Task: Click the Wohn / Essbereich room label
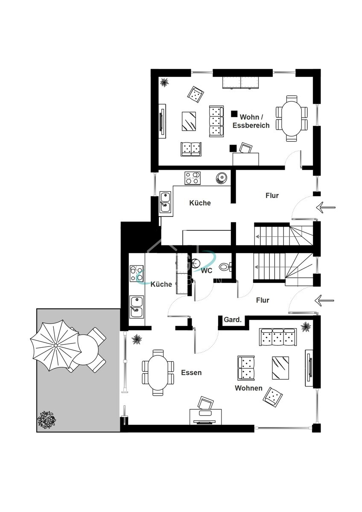tap(251, 121)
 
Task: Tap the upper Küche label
tap(200, 203)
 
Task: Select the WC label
tap(207, 271)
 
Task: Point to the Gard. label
tap(233, 320)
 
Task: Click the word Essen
tap(191, 372)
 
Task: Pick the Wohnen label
tap(248, 388)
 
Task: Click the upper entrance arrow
tap(326, 207)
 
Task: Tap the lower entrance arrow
tap(324, 300)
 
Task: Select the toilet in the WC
tap(225, 267)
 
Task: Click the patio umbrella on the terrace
tap(56, 345)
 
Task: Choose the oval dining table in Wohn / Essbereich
tap(291, 119)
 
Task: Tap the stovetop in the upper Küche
tap(193, 178)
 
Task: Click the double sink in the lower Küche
tap(137, 307)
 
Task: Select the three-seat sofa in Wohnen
tap(278, 337)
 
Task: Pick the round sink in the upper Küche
tap(221, 178)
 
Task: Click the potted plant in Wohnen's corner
tap(306, 327)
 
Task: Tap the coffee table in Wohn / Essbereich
tap(189, 121)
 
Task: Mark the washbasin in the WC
tap(195, 264)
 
